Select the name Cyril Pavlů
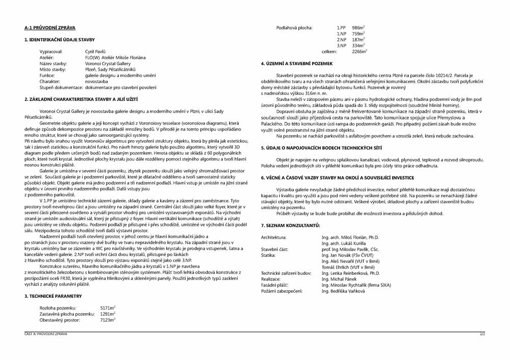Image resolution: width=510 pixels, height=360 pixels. click(95, 52)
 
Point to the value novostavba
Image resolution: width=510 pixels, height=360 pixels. click(96, 81)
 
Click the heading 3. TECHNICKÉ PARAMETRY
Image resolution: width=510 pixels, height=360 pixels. click(53, 296)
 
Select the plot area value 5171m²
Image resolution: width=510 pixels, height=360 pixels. click(108, 308)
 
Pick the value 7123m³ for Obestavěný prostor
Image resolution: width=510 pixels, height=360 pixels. click(108, 320)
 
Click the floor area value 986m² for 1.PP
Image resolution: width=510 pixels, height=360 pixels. click(358, 28)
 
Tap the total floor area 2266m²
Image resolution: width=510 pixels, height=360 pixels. click(359, 52)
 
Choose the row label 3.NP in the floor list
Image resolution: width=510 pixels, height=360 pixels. click(341, 45)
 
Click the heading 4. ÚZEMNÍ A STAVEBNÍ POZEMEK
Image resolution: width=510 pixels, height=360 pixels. click(296, 64)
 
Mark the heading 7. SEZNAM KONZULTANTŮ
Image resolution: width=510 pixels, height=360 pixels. click(290, 225)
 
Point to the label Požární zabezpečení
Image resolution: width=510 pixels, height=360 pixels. click(282, 291)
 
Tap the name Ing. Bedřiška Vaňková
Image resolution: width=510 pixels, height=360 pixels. click(343, 291)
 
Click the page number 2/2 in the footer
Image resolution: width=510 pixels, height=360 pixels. click(482, 334)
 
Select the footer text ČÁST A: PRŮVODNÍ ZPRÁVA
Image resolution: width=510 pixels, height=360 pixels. click(45, 334)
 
